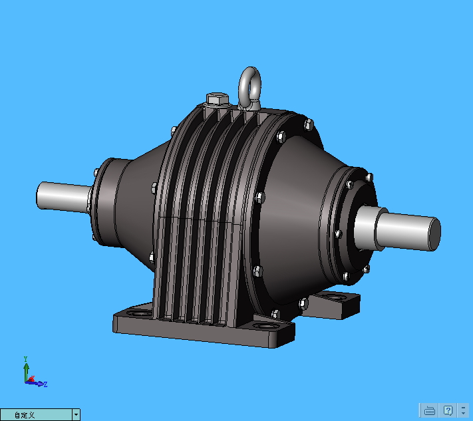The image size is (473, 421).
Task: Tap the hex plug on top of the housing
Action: click(x=218, y=99)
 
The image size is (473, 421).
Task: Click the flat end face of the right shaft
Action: click(x=434, y=234)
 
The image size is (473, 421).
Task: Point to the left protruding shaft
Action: click(x=64, y=196)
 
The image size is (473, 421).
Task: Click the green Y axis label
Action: click(x=26, y=359)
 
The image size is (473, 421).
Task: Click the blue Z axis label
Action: click(x=45, y=384)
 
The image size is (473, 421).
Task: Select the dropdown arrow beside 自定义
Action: click(x=76, y=414)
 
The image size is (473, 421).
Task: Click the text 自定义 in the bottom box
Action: click(x=25, y=415)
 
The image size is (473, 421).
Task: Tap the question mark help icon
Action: click(x=448, y=410)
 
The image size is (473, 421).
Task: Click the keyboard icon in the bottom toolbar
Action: click(x=429, y=410)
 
